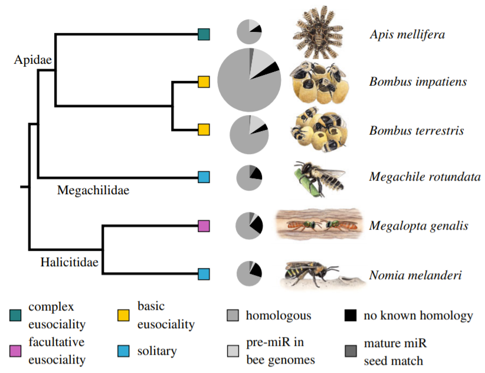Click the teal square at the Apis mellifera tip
(204, 34)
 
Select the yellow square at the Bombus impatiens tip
(204, 81)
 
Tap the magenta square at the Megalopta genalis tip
(204, 225)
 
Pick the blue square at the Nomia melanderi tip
(204, 274)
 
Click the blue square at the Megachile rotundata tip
(204, 176)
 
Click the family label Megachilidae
(93, 190)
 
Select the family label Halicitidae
(69, 261)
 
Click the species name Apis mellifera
(407, 34)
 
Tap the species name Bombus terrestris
(417, 130)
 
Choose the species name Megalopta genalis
(419, 225)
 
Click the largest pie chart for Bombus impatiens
(248, 78)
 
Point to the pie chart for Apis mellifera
(249, 31)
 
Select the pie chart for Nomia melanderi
(249, 274)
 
